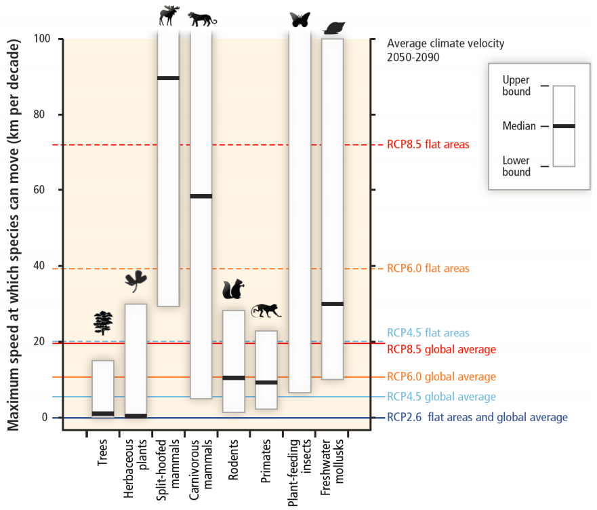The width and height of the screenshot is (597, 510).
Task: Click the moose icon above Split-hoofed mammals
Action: (x=169, y=16)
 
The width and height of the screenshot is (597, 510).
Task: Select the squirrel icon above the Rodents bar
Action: (x=233, y=290)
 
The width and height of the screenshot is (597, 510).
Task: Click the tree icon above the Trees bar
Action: (x=103, y=323)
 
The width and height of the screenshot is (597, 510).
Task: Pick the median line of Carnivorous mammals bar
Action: (x=201, y=196)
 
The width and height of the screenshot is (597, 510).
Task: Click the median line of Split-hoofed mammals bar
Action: (x=168, y=78)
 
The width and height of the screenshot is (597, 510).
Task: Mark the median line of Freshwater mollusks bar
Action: (x=332, y=304)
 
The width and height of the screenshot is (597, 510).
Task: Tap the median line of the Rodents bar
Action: (x=234, y=378)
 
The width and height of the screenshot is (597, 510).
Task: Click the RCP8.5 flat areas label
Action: (x=428, y=144)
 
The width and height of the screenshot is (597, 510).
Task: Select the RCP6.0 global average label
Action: (x=441, y=376)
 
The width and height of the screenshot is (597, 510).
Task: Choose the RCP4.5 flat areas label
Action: (x=428, y=333)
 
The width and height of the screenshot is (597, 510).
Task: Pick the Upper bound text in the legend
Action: (x=516, y=86)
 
